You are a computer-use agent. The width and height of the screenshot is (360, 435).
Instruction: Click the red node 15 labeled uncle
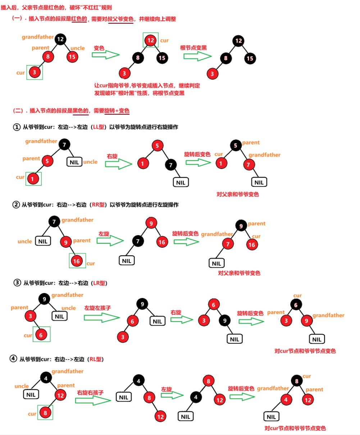(72, 56)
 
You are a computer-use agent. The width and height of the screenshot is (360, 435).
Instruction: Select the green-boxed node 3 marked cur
(34, 72)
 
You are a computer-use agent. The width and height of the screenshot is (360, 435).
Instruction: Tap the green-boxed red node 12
(151, 40)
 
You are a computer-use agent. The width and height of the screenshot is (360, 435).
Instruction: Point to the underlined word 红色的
(79, 19)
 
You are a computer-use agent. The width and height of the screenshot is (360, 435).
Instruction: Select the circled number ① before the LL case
(17, 127)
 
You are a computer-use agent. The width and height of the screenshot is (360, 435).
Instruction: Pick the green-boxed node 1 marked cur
(33, 178)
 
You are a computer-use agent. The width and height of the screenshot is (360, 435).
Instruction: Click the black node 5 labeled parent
(236, 146)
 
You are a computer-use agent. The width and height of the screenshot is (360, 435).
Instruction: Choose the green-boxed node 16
(76, 261)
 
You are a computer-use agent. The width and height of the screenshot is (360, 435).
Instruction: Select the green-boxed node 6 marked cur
(41, 335)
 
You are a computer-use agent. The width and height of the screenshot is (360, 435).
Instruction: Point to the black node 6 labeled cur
(296, 305)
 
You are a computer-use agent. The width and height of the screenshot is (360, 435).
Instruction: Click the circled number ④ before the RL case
(13, 359)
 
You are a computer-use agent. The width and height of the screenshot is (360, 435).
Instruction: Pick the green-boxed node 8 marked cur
(45, 413)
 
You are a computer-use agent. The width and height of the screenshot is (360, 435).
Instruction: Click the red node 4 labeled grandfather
(286, 399)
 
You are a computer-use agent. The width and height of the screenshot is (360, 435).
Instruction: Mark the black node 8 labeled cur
(297, 381)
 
